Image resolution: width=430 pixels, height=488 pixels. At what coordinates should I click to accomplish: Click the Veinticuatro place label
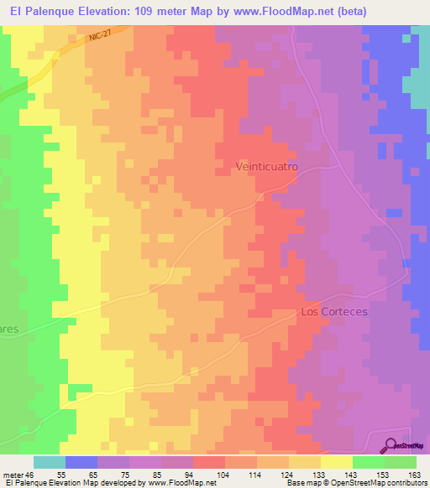tap(265, 168)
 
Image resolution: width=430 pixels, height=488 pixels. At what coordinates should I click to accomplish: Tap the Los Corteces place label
tap(334, 311)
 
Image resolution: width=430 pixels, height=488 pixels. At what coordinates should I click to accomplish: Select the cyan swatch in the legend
tap(50, 462)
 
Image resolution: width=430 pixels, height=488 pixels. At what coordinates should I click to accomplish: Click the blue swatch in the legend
tap(81, 462)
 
